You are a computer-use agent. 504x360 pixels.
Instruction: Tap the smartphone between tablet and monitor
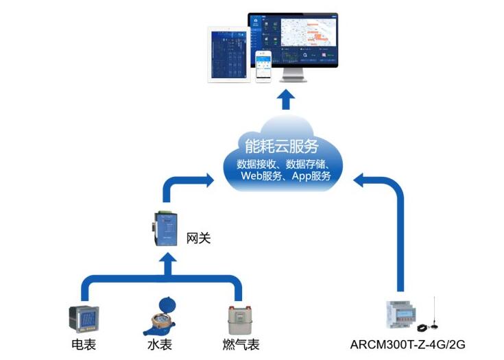coord(265,66)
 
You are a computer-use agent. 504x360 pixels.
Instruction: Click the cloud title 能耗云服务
coord(283,145)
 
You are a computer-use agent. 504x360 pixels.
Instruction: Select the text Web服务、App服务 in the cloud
coord(286,176)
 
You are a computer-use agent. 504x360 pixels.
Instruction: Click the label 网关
coord(198,239)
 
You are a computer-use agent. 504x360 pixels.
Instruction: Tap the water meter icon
coord(163,316)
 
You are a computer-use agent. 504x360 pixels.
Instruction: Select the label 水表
coord(163,344)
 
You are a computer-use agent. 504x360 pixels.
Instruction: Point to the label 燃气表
coord(241,344)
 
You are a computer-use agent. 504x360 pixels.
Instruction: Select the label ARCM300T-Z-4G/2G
coord(408,344)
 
